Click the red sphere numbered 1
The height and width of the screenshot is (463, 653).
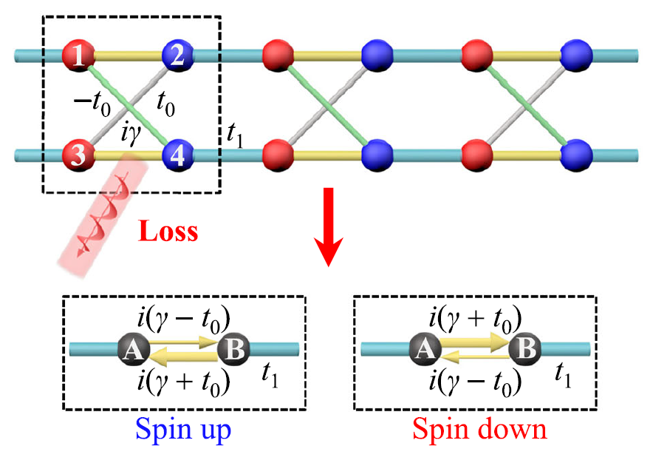pyautogui.click(x=76, y=54)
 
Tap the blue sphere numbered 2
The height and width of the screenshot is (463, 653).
pyautogui.click(x=178, y=54)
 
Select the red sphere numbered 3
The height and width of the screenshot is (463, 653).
pyautogui.click(x=76, y=155)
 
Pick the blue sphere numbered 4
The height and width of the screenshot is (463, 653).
pyautogui.click(x=178, y=155)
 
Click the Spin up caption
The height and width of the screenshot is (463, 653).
pyautogui.click(x=183, y=429)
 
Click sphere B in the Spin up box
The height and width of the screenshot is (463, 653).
pyautogui.click(x=234, y=348)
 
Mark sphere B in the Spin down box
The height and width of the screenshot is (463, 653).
pyautogui.click(x=525, y=348)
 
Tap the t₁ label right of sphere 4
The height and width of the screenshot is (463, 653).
pyautogui.click(x=239, y=135)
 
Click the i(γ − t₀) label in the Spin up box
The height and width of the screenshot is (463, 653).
pyautogui.click(x=184, y=319)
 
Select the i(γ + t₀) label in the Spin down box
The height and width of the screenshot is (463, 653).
pyautogui.click(x=475, y=319)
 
